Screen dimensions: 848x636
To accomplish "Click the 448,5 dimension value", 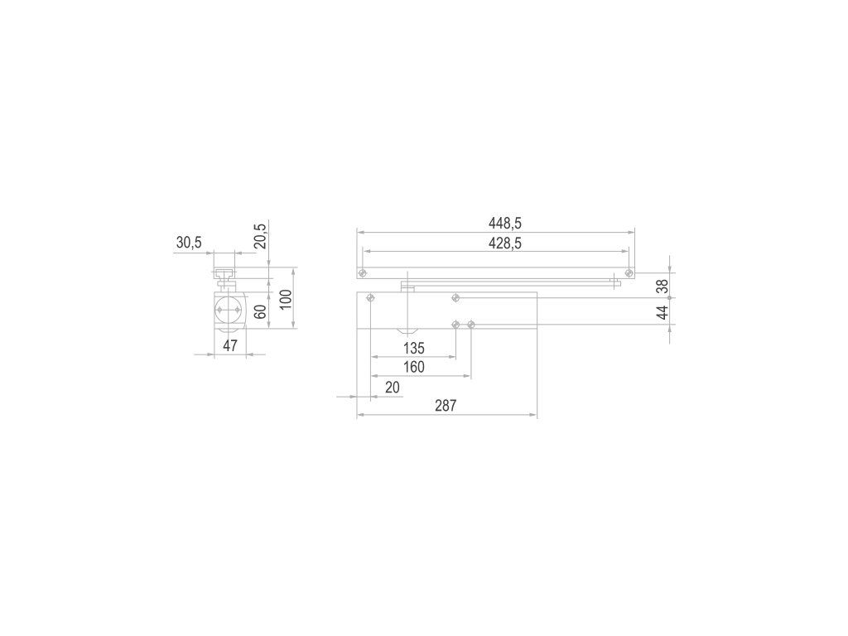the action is (x=505, y=223).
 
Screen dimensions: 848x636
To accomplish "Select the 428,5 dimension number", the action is (x=505, y=243).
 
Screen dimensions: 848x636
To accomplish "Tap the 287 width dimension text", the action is (x=446, y=406).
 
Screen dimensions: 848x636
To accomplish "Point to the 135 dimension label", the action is (x=414, y=348).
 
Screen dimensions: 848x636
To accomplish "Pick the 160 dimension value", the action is (x=414, y=367).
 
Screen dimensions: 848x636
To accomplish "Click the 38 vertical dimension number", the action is (x=662, y=287).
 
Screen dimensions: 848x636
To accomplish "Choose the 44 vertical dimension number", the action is (x=662, y=312).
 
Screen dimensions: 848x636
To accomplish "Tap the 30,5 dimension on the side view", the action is (x=189, y=243).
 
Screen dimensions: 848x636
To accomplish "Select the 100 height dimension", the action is (x=286, y=299).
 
